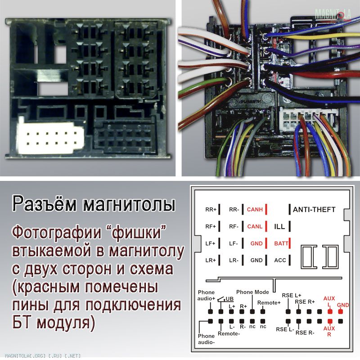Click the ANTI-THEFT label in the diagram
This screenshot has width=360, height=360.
coord(314,209)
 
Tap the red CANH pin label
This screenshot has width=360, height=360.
coord(255,209)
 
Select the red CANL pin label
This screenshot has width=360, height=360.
coord(255,226)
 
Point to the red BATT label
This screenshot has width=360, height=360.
coord(281,243)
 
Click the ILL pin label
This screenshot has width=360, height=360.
coord(279,227)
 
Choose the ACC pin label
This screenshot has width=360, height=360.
coord(280,260)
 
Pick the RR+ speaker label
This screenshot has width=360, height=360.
coord(211,209)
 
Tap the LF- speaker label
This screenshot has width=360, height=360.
coord(233,243)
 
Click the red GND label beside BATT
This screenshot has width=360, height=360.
coord(256,243)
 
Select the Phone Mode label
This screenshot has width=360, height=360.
coord(252,292)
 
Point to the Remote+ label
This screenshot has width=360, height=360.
coord(269,302)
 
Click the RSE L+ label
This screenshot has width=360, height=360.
coord(291,295)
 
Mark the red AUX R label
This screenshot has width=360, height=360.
coord(329,331)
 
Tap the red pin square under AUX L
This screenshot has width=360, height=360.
coord(330,311)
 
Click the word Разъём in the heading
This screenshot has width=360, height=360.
coord(44,203)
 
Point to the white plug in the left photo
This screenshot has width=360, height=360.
coord(50,137)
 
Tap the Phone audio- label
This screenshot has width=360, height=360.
coord(206,339)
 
